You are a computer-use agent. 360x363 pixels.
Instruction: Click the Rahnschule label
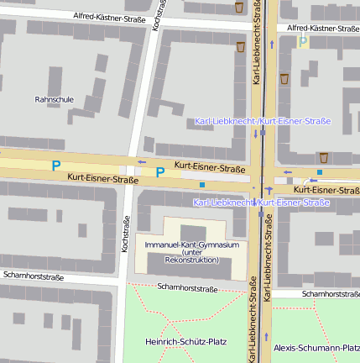[x=54, y=99]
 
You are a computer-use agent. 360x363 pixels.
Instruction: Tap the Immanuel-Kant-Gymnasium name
[x=192, y=245]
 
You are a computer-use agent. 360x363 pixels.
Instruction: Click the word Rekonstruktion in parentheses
[x=192, y=260]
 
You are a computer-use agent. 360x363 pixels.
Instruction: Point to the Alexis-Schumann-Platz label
[x=316, y=347]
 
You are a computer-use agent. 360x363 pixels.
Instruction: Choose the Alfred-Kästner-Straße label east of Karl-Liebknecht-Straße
[x=323, y=28]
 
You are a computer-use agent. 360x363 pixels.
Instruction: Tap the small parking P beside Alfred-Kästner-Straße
[x=303, y=41]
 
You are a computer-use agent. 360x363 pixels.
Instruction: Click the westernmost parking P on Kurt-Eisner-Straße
[x=56, y=166]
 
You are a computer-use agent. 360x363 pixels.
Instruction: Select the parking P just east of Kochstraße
[x=159, y=173]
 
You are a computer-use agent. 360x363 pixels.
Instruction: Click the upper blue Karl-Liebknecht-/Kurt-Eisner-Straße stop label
[x=262, y=121]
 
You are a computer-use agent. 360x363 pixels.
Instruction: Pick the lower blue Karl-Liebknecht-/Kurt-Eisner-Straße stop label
[x=260, y=203]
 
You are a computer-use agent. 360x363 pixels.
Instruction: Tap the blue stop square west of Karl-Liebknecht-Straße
[x=202, y=184]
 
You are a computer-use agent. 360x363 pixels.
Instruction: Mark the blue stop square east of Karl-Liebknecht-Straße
[x=319, y=172]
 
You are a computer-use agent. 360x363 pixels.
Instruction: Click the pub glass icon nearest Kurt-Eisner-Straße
[x=323, y=156]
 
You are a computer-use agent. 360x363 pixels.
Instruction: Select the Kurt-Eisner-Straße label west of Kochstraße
[x=102, y=179]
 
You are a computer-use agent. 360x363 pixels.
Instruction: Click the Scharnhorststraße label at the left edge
[x=34, y=276]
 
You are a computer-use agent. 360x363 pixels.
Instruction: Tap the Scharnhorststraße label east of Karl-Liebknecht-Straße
[x=330, y=294]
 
